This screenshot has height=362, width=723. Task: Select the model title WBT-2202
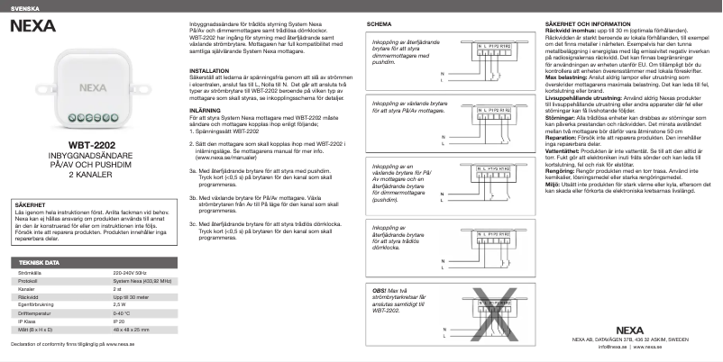pyautogui.click(x=91, y=143)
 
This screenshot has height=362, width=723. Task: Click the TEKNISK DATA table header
pyautogui.click(x=39, y=262)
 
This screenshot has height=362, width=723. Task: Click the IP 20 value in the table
pyautogui.click(x=118, y=320)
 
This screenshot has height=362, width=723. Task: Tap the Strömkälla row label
pyautogui.click(x=29, y=272)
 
